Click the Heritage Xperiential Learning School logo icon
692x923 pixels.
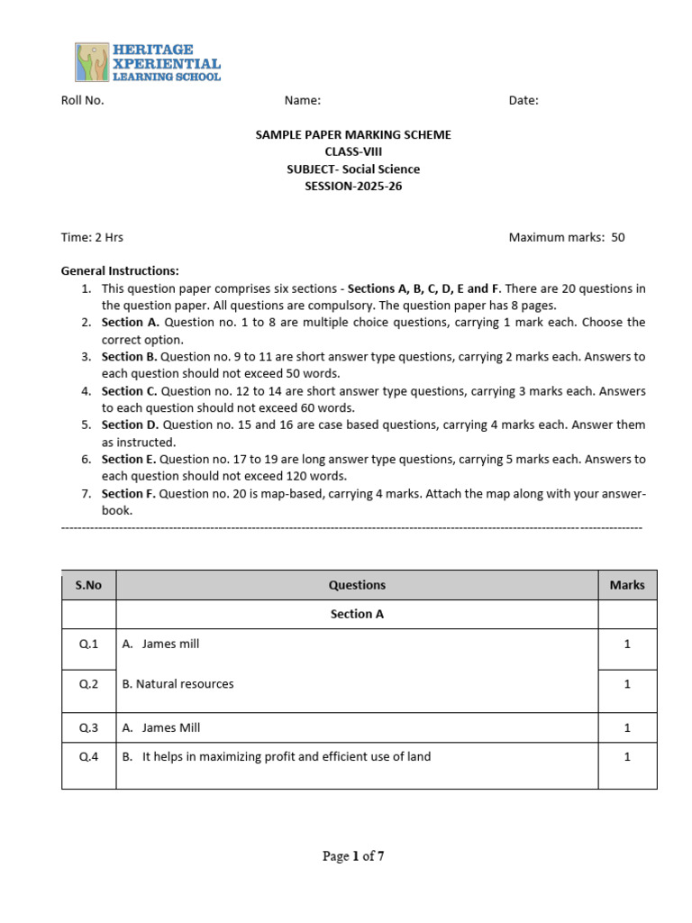pyautogui.click(x=92, y=62)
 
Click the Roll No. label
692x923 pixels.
pyautogui.click(x=82, y=101)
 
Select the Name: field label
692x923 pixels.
pyautogui.click(x=303, y=101)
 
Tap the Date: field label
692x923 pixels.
pyautogui.click(x=524, y=101)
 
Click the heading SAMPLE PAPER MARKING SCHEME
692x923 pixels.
pyautogui.click(x=353, y=135)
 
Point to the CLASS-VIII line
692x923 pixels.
pyautogui.click(x=353, y=152)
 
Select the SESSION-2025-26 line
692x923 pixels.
pyautogui.click(x=353, y=187)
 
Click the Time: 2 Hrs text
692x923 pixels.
pyautogui.click(x=92, y=238)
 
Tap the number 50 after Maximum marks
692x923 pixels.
pyautogui.click(x=618, y=238)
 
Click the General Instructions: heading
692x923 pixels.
pyautogui.click(x=120, y=271)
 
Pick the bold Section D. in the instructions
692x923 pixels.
pyautogui.click(x=129, y=425)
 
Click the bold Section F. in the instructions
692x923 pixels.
pyautogui.click(x=128, y=494)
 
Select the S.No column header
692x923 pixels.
pyautogui.click(x=88, y=585)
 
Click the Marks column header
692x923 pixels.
pyautogui.click(x=627, y=585)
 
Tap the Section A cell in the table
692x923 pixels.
pyautogui.click(x=357, y=615)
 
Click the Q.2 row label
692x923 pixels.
pyautogui.click(x=88, y=684)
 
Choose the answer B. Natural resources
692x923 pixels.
pyautogui.click(x=178, y=684)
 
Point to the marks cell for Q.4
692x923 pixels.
pyautogui.click(x=627, y=757)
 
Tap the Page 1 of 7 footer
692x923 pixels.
pyautogui.click(x=353, y=857)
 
